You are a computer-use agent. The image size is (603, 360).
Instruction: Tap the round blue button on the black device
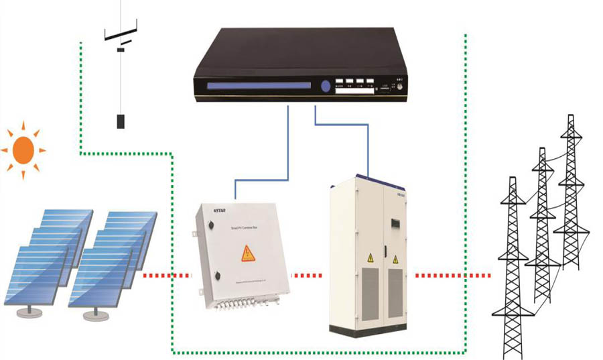[326, 86]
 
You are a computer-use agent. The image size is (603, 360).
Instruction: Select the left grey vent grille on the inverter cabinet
[371, 292]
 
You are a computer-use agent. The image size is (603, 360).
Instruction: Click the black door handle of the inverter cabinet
[386, 251]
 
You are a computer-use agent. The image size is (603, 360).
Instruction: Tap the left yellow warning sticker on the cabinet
[370, 258]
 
